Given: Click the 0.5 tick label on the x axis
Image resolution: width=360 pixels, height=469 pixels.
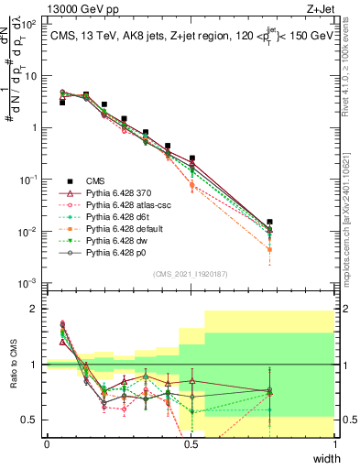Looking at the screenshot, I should pyautogui.click(x=191, y=444).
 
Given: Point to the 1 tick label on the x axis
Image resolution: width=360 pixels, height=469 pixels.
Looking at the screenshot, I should pyautogui.click(x=335, y=444).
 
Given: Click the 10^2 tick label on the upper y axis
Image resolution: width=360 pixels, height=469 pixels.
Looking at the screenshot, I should pyautogui.click(x=27, y=25).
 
